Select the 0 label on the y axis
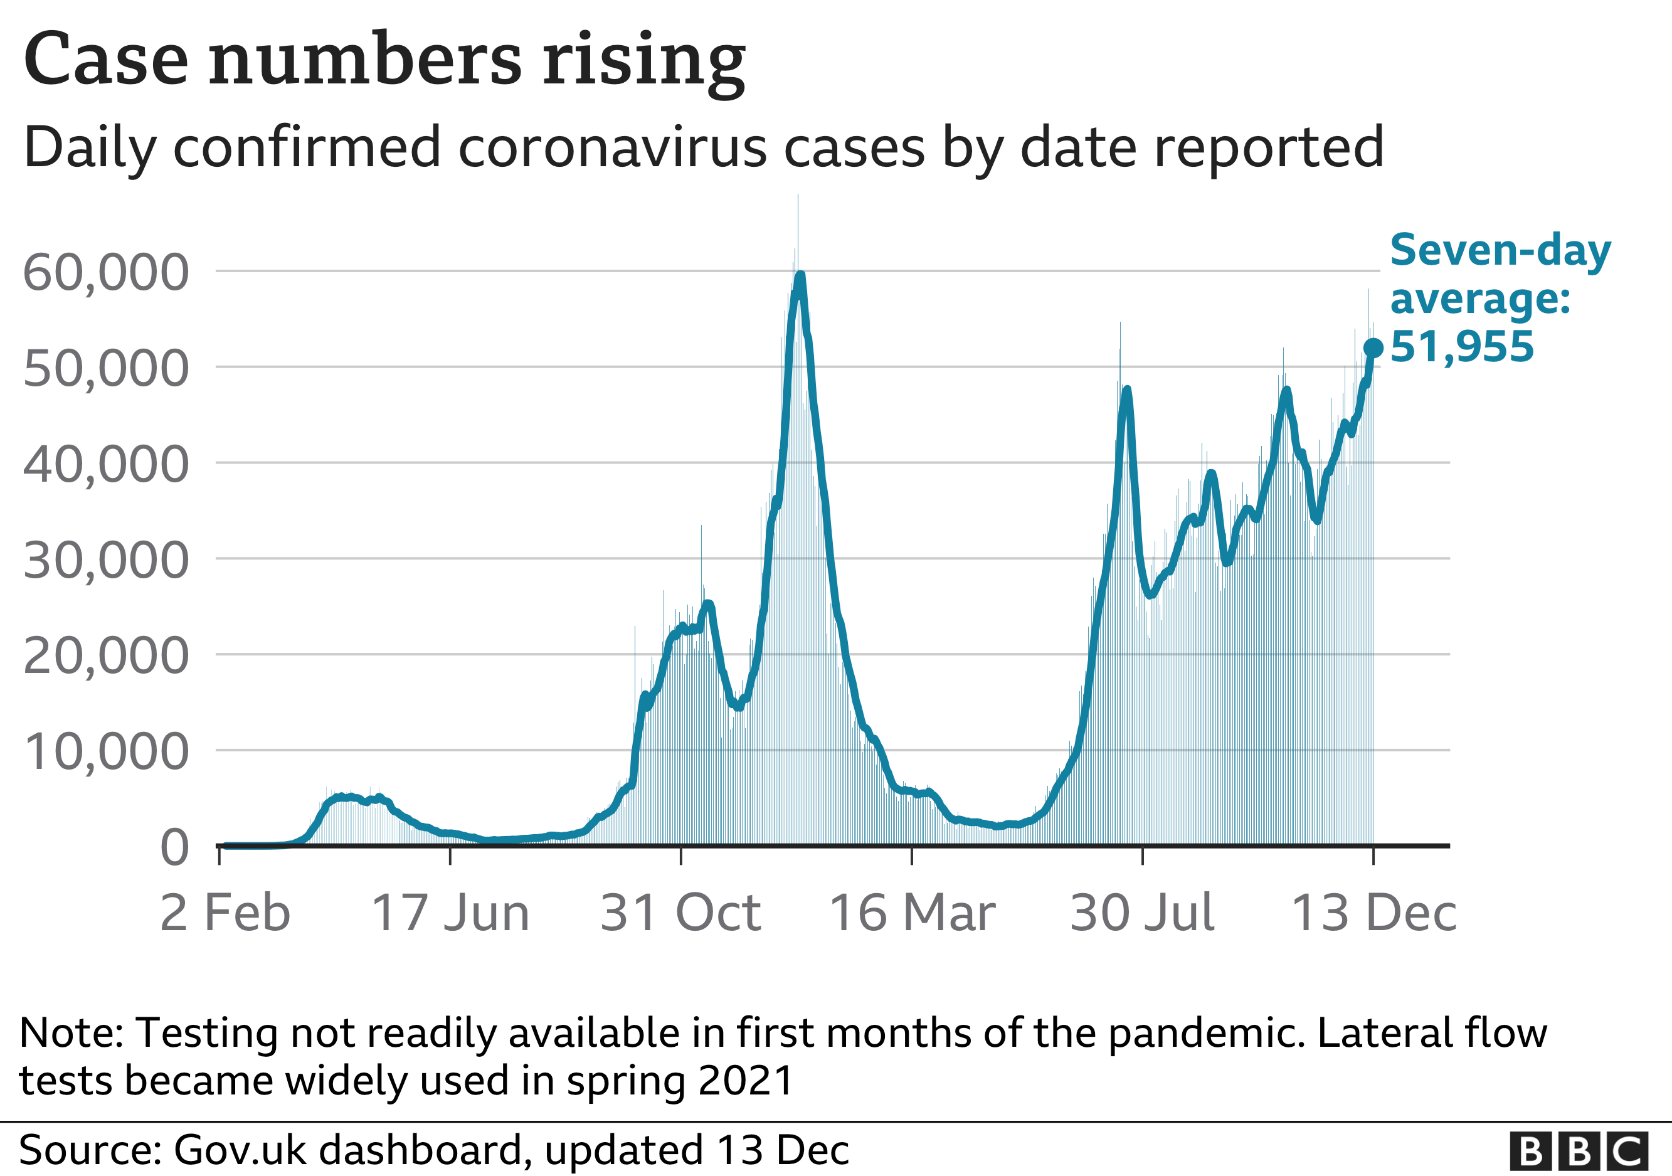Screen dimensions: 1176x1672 click(174, 847)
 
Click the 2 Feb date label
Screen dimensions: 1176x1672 click(225, 913)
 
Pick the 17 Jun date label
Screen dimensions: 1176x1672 click(450, 913)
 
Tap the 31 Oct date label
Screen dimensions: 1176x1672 click(680, 913)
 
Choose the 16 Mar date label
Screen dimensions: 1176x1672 click(912, 913)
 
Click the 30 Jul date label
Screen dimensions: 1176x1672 click(1142, 913)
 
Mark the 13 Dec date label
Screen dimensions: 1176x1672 click(1373, 913)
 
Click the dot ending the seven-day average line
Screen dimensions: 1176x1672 click(1373, 348)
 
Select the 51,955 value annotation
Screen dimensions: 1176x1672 click(1461, 347)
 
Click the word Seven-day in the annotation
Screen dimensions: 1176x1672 click(1500, 250)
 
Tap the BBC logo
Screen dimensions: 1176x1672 click(1578, 1152)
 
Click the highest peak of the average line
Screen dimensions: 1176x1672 click(800, 277)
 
